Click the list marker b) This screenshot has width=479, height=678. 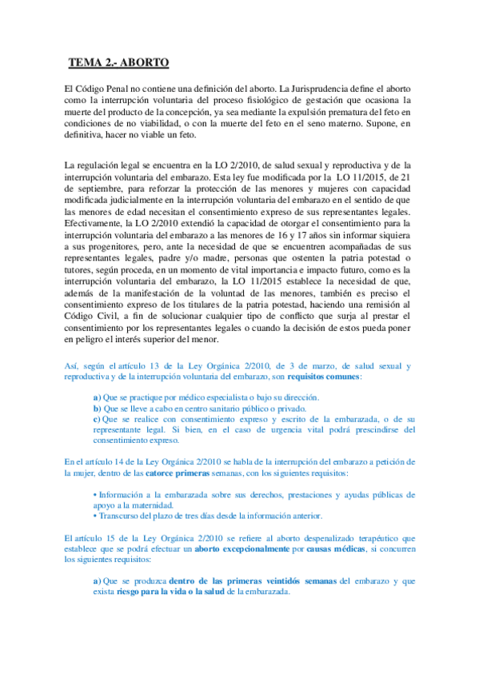[x=97, y=408]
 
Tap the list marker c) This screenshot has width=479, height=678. [x=97, y=419]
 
